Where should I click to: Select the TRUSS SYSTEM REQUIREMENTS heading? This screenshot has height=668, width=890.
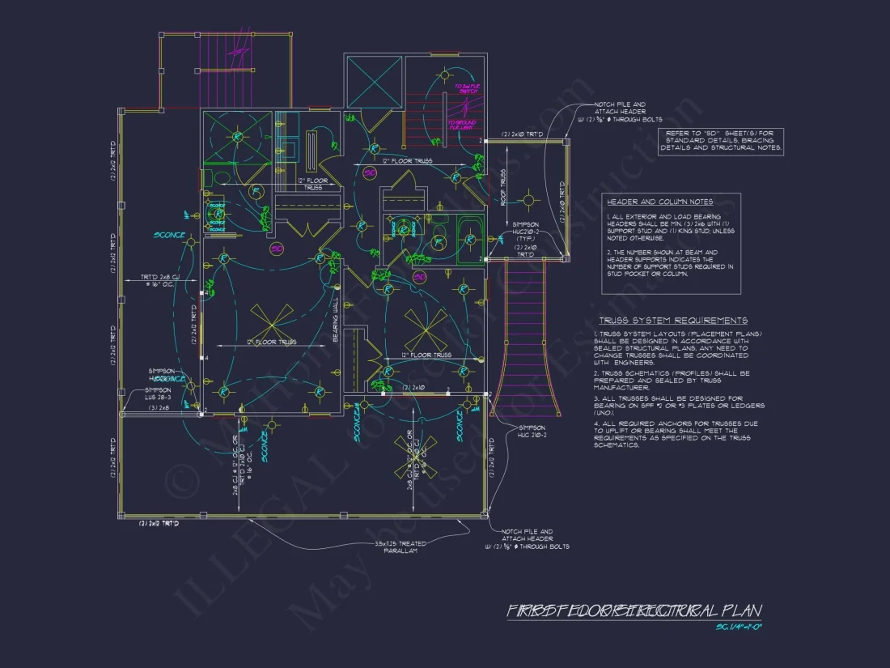coord(672,321)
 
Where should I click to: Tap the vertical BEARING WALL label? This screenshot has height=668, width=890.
coord(335,319)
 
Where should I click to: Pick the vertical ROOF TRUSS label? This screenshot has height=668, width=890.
coord(502,187)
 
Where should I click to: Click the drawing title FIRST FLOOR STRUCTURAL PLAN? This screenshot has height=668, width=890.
coord(634,611)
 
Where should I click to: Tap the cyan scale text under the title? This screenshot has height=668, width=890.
coord(740,628)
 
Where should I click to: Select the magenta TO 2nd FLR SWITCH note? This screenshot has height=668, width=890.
coord(468,89)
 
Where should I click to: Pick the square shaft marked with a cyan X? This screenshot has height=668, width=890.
coord(373,81)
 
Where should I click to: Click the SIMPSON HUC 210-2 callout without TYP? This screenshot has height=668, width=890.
coord(531,432)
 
